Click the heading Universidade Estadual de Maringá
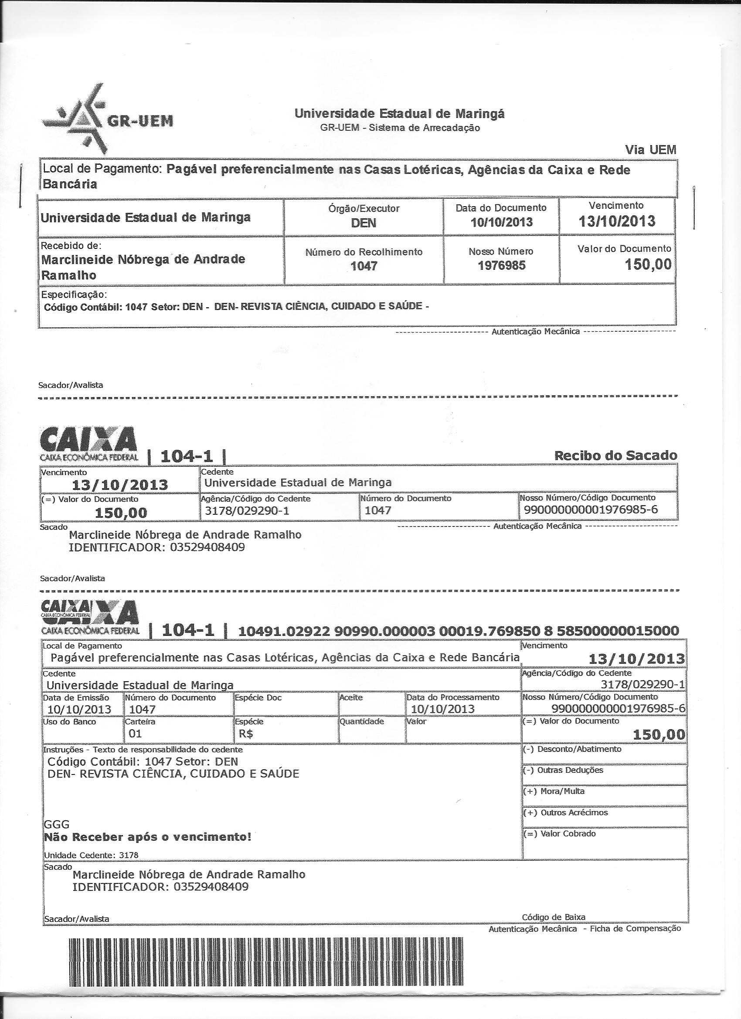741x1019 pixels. pos(399,113)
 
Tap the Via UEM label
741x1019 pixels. pos(650,149)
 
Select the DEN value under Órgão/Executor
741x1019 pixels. pos(364,223)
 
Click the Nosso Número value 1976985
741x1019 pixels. pos(501,265)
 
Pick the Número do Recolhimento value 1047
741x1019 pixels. pos(364,266)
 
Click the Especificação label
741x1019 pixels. pos(74,295)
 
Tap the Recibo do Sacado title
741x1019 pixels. pos(615,455)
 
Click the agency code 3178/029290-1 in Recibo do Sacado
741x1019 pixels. pos(247,510)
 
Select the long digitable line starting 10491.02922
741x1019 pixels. pos(458,631)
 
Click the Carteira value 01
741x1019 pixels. pos(135,734)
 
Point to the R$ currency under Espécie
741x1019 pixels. pos(246,734)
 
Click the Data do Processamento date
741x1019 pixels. pos(442,709)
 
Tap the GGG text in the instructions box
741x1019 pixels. pos(57,824)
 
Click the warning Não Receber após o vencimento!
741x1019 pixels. pos(147,837)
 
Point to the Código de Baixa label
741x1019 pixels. pos(553,917)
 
